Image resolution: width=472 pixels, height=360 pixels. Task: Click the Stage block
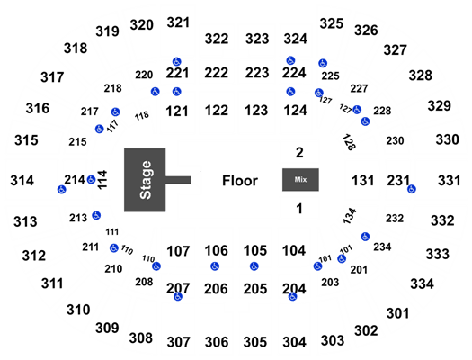click(x=145, y=180)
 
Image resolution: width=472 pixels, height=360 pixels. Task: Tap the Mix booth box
click(x=300, y=179)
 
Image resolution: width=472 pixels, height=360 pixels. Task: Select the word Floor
click(x=240, y=181)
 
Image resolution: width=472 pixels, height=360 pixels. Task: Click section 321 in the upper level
click(x=178, y=22)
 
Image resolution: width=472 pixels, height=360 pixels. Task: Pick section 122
click(x=217, y=111)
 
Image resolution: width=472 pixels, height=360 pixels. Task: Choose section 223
click(x=257, y=73)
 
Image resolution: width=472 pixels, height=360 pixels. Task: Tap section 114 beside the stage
click(x=102, y=180)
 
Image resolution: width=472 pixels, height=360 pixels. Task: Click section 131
click(x=362, y=181)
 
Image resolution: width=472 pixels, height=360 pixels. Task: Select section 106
click(x=216, y=250)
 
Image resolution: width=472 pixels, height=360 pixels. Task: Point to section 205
click(x=255, y=289)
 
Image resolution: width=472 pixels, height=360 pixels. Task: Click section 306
click(x=217, y=342)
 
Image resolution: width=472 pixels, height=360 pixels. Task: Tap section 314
click(x=22, y=181)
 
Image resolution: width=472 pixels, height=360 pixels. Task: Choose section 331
click(x=450, y=181)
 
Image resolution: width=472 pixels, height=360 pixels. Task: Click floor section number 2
click(x=299, y=153)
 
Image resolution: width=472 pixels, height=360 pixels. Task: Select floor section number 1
click(x=299, y=209)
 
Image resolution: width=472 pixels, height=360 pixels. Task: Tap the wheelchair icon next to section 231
click(x=412, y=189)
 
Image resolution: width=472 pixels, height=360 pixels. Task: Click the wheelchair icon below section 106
click(x=215, y=266)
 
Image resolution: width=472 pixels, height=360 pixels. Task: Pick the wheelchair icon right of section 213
click(x=96, y=215)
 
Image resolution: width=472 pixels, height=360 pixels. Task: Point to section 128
click(x=349, y=142)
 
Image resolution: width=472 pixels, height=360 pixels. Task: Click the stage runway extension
click(x=178, y=180)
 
